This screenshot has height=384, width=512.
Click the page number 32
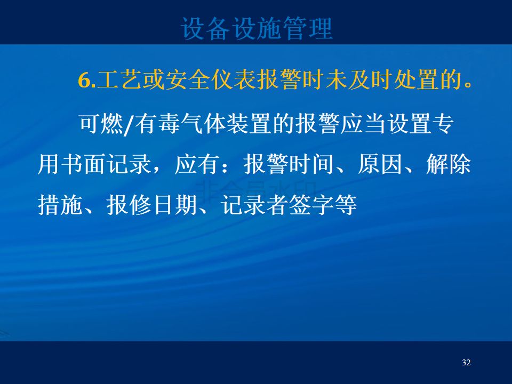(466, 363)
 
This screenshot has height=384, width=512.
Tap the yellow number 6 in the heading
(84, 80)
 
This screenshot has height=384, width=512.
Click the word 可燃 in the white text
(101, 124)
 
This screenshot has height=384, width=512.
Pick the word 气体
(203, 124)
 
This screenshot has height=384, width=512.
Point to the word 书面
(83, 164)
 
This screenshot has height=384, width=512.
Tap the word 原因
(380, 164)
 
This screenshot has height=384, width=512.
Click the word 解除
(449, 164)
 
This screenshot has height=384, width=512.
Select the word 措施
(60, 205)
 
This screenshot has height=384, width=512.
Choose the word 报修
(129, 205)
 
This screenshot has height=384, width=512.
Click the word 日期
(175, 205)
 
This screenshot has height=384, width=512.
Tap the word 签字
(311, 205)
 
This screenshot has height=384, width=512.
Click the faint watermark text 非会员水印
(255, 190)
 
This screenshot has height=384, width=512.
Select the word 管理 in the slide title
(308, 29)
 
